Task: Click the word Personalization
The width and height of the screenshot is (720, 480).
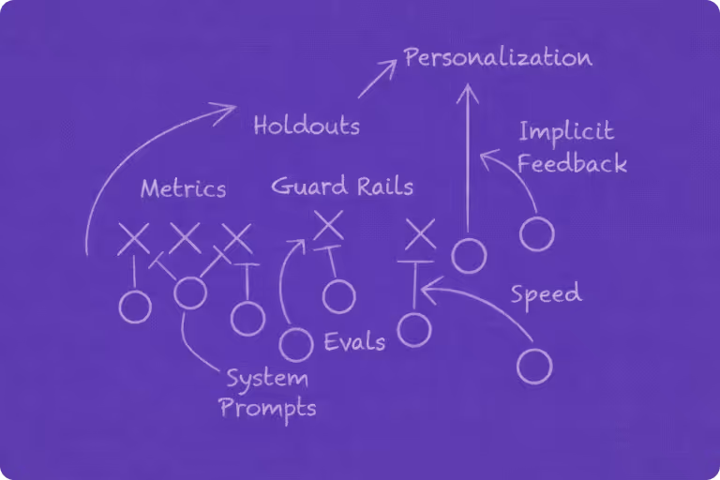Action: [x=498, y=58]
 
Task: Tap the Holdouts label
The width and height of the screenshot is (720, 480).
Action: [x=307, y=126]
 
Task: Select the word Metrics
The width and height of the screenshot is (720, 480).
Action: [x=183, y=188]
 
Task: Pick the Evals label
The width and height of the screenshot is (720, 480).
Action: [x=354, y=341]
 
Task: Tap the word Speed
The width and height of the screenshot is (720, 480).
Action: [x=546, y=294]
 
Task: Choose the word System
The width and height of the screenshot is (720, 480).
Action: [x=266, y=380]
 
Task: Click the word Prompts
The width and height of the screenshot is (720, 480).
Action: [x=267, y=408]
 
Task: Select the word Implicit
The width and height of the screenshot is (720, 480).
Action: [x=566, y=132]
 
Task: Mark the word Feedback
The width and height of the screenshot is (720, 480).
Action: [x=572, y=163]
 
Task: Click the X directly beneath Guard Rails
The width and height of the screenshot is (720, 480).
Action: [x=328, y=225]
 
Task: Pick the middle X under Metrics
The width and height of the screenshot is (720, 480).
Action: [x=185, y=238]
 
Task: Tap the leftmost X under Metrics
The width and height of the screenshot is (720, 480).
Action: [x=133, y=238]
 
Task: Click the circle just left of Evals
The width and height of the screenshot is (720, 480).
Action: [x=296, y=344]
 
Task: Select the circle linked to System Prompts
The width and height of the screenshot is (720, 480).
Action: [x=190, y=292]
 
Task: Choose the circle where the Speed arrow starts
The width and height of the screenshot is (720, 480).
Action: [x=534, y=366]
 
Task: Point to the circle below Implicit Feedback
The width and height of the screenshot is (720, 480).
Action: [x=536, y=233]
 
